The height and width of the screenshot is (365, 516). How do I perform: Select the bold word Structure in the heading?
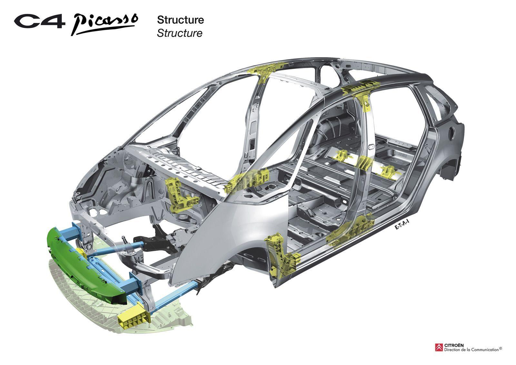pyautogui.click(x=180, y=20)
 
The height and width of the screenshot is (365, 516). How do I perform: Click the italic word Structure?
pyautogui.click(x=179, y=33)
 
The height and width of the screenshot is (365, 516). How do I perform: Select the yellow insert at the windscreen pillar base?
pyautogui.click(x=248, y=181)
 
